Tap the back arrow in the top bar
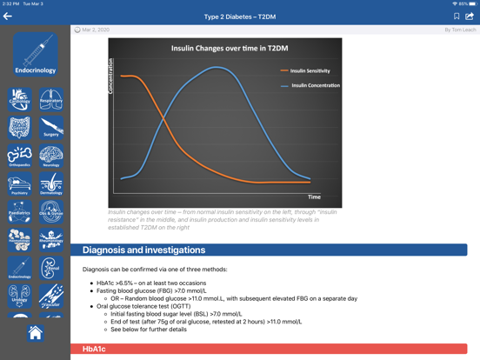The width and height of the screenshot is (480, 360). (8, 17)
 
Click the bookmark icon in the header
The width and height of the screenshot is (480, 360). (457, 17)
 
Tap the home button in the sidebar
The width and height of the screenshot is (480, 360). (35, 332)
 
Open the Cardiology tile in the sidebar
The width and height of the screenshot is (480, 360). (19, 99)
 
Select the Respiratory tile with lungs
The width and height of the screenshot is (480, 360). (51, 99)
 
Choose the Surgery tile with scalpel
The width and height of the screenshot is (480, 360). (51, 128)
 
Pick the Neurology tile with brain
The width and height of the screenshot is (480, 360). (51, 157)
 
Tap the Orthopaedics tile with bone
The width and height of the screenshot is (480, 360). (19, 157)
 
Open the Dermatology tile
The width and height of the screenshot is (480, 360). (51, 184)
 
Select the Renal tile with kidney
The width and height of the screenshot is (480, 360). (51, 269)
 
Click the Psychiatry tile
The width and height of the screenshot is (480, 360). (19, 184)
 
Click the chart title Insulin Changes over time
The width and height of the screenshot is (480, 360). (224, 49)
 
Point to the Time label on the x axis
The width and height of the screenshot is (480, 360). (315, 197)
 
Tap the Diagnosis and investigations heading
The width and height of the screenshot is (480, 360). (143, 250)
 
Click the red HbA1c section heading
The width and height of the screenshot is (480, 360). (94, 349)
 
